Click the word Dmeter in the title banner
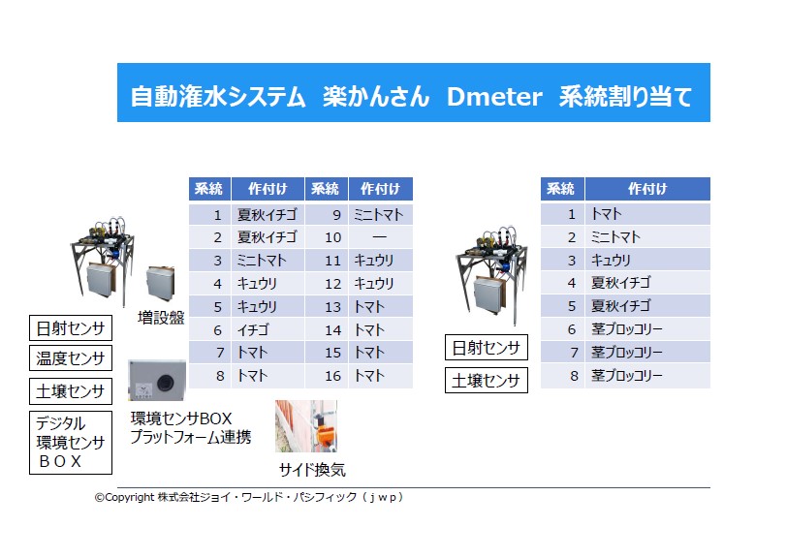coord(494,96)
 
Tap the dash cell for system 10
coord(380,236)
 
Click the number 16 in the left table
coord(332,376)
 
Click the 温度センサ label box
coord(70,357)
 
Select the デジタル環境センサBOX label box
coord(70,443)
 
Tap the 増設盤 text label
coord(161,317)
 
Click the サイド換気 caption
coord(312,470)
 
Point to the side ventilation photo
coord(306,426)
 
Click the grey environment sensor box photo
coord(157,380)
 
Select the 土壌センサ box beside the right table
coord(486,381)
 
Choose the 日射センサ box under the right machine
coord(486,347)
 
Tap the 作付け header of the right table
coord(647,189)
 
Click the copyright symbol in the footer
coord(100,497)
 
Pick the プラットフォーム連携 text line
coord(191,437)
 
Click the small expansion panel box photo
coord(161,284)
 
